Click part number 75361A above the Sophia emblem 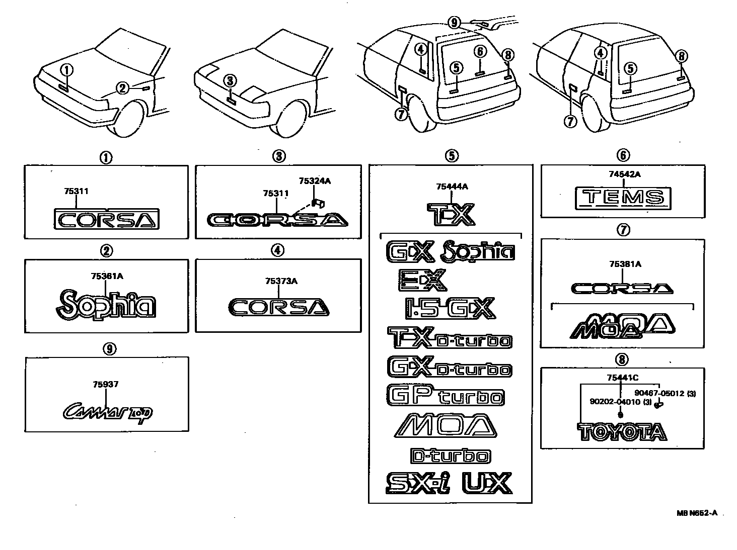tap(107, 276)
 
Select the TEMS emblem tap(623, 198)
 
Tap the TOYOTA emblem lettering tap(622, 432)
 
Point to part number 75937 tap(106, 385)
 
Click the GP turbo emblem tap(446, 396)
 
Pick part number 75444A tap(452, 187)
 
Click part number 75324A tap(315, 181)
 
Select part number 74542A tap(623, 174)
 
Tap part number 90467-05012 tap(659, 394)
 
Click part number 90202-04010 tap(615, 402)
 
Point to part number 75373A tap(281, 282)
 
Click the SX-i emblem tap(418, 483)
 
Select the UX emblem tap(487, 483)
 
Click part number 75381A tap(625, 264)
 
